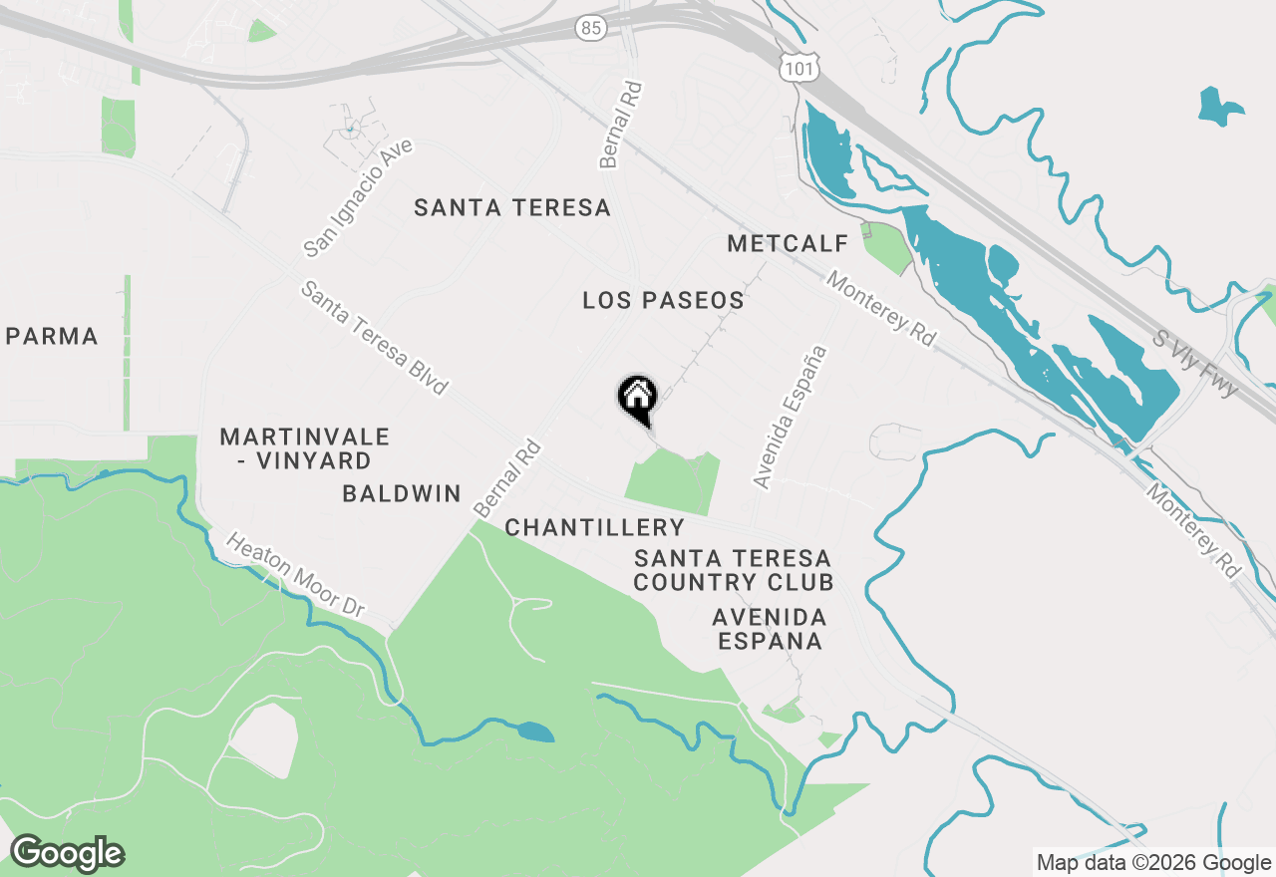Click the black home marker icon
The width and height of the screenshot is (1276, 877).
tap(637, 399)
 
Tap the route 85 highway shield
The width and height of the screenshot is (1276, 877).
tap(591, 28)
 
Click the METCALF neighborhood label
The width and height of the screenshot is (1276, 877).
tap(788, 243)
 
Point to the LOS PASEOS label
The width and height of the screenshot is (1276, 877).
tap(663, 300)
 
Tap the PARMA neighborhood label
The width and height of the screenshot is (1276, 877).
tap(52, 337)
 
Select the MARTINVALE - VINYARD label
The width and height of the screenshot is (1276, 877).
tap(304, 448)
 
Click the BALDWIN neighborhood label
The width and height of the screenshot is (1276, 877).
tap(401, 493)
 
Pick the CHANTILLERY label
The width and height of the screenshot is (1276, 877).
tap(594, 527)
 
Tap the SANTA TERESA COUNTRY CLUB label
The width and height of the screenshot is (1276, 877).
tap(733, 570)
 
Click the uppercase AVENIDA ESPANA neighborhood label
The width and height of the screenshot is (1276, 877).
tap(770, 629)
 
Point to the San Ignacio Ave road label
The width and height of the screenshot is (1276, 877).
tap(358, 197)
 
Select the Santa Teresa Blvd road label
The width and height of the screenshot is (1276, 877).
tap(375, 338)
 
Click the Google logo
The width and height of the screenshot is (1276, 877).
tap(67, 853)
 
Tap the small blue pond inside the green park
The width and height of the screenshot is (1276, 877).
tap(535, 732)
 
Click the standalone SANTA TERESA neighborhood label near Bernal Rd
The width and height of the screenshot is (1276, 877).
tap(512, 207)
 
